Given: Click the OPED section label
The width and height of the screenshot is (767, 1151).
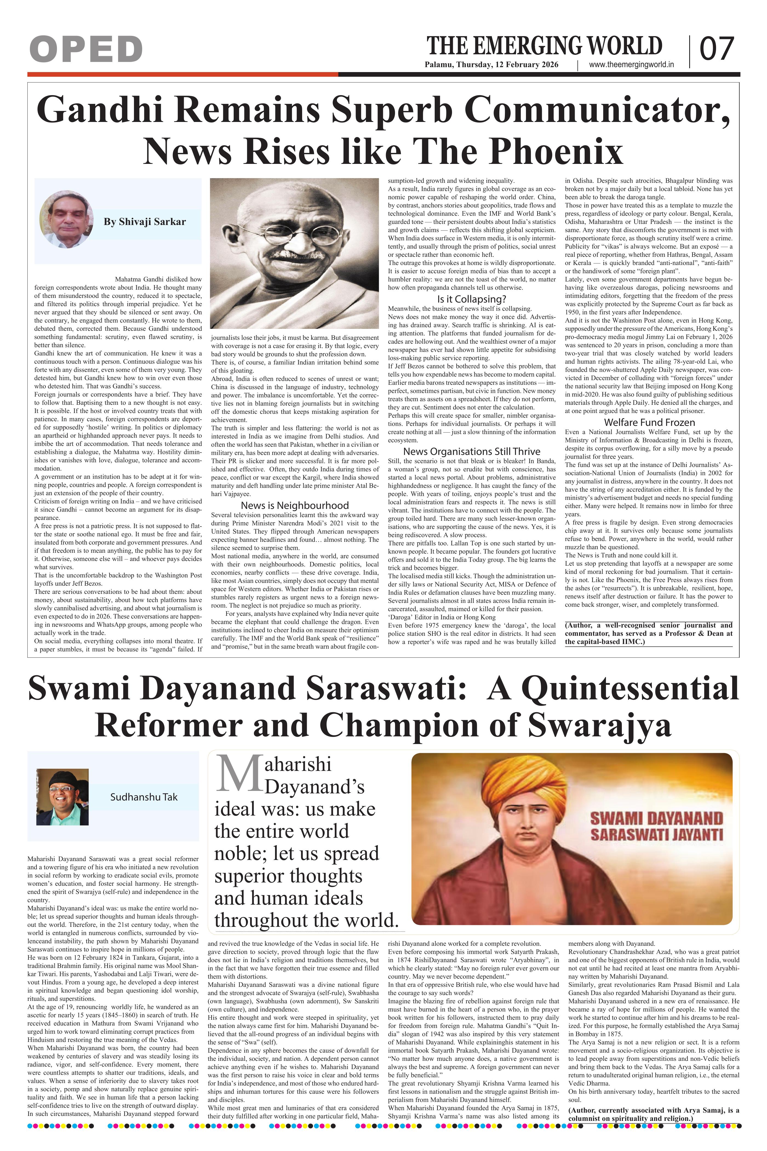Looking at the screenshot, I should [x=86, y=49].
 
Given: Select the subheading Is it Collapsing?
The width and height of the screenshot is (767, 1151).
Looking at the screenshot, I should [x=471, y=299].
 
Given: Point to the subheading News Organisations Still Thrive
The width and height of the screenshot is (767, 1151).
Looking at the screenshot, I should [x=471, y=451].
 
